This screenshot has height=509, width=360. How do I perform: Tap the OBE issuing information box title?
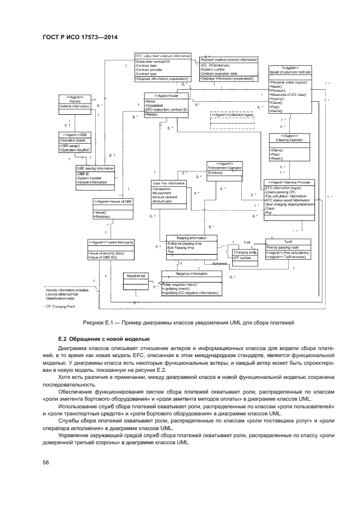pos(95,168)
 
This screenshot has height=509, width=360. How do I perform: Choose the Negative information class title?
pos(191,274)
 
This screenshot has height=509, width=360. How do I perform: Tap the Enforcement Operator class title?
pos(225,165)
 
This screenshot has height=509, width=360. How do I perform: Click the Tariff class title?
pos(288,241)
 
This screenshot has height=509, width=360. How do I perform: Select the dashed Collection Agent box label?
pos(233,115)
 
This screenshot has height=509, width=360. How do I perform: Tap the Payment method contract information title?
pos(229,59)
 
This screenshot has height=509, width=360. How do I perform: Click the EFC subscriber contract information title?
pos(162,56)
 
